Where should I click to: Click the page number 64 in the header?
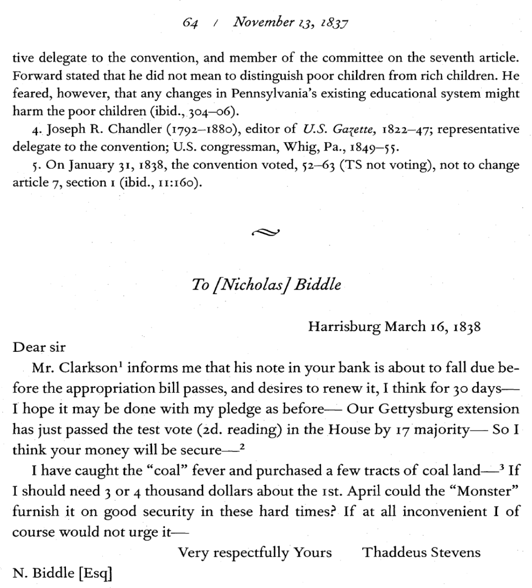190,23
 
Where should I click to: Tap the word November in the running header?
263,22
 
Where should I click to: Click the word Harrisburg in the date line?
344,326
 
